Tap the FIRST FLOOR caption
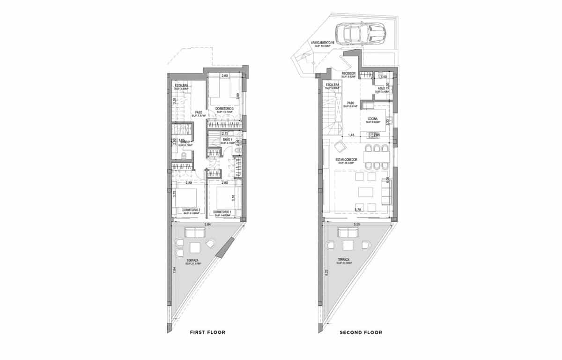coord(207,332)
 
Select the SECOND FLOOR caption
coord(361,332)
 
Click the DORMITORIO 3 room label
coord(224,108)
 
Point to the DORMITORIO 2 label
coord(191,210)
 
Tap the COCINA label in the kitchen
coord(373,119)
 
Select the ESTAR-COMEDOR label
coord(346,160)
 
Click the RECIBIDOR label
coord(349,74)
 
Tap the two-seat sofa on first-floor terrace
coord(193,232)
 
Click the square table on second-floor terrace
coord(348,246)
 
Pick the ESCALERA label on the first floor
coord(181,85)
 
